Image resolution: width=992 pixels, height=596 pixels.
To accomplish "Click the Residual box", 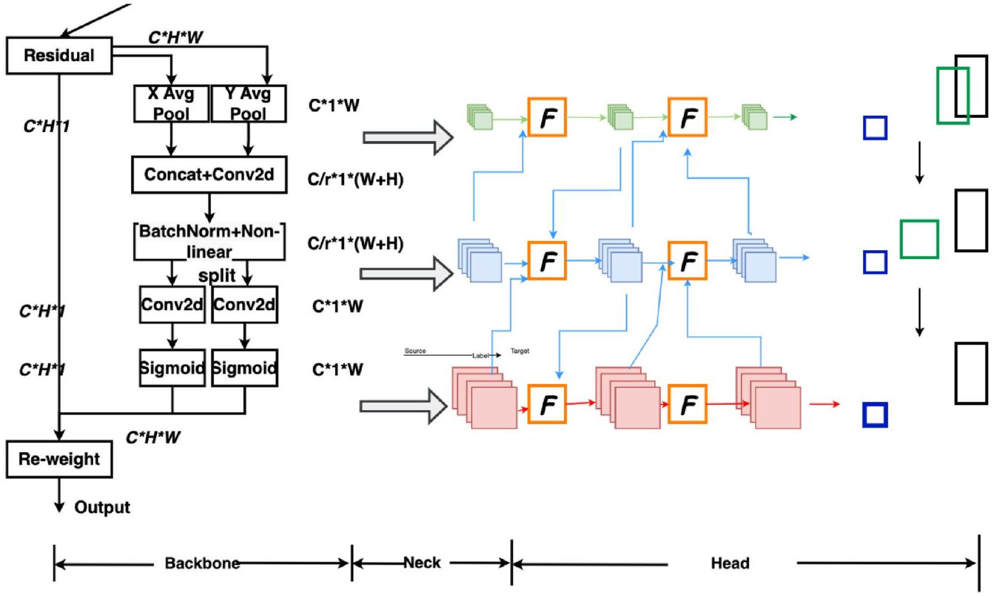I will (59, 55).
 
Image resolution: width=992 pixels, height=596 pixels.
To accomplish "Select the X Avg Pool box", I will (171, 103).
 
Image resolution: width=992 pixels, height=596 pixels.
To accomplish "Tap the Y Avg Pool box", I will (248, 103).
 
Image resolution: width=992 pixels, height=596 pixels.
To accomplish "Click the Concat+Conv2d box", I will (209, 174).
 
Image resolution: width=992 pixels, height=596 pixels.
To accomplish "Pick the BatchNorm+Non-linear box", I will (209, 241).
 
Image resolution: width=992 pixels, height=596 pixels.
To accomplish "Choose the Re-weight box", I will (59, 459).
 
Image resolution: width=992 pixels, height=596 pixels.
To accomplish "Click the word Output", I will (102, 507).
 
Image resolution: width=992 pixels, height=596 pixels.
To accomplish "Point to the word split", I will (217, 275).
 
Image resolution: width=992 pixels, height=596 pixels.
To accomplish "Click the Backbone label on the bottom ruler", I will (202, 563).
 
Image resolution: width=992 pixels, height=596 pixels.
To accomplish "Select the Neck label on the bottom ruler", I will (422, 562).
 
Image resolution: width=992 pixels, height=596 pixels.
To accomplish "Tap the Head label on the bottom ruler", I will (730, 563).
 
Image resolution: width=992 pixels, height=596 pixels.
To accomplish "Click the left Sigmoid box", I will (172, 368).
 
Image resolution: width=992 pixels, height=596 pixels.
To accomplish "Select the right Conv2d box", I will (244, 304).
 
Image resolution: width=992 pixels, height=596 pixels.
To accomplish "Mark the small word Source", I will (415, 351).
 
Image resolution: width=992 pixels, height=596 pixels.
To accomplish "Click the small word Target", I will (519, 351).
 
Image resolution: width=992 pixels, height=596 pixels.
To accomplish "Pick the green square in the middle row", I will (919, 239).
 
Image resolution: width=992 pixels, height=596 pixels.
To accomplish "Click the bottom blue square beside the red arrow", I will (875, 415).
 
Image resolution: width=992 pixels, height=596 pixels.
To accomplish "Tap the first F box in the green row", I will (547, 117).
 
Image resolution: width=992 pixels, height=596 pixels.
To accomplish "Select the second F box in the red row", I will (687, 404).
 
